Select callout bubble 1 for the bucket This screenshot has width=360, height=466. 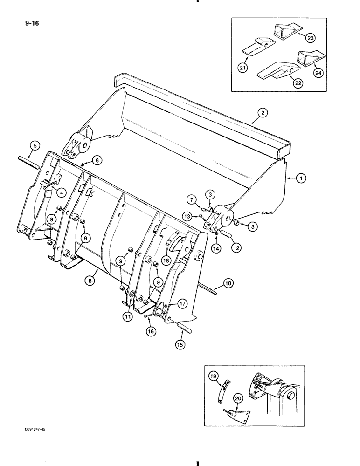pyautogui.click(x=291, y=178)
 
